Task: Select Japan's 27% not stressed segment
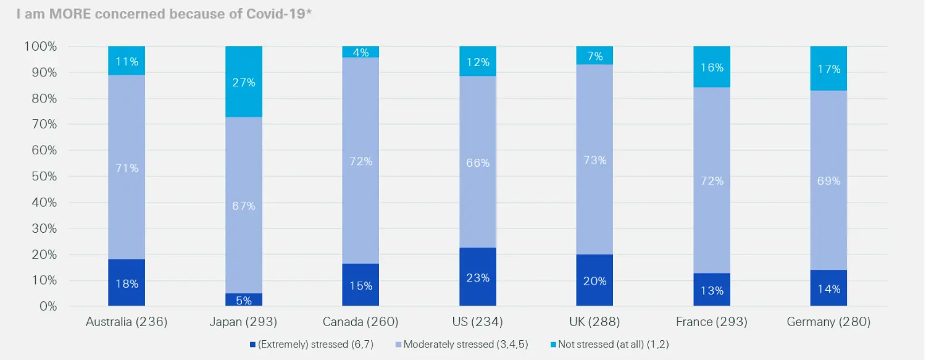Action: click(244, 82)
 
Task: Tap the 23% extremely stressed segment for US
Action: click(478, 277)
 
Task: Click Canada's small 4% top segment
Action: click(361, 52)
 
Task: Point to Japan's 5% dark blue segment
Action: click(244, 300)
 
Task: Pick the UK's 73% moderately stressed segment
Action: click(595, 159)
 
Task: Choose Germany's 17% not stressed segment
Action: click(828, 69)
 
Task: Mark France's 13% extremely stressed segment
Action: click(712, 290)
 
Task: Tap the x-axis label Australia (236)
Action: click(127, 322)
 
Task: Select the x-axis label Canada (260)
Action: click(361, 322)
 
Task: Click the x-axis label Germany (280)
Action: click(828, 322)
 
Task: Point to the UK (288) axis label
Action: click(595, 322)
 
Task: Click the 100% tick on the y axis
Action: click(41, 46)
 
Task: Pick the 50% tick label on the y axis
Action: click(43, 177)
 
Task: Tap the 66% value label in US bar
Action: click(478, 163)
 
